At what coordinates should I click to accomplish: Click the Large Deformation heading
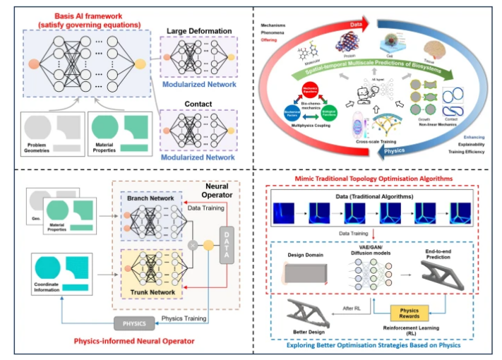(x=198, y=31)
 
